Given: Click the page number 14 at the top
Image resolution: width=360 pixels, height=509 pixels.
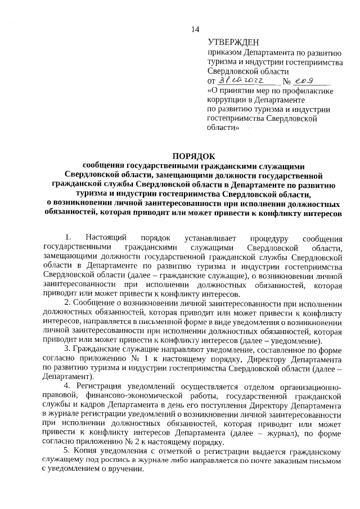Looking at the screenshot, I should coord(195,29).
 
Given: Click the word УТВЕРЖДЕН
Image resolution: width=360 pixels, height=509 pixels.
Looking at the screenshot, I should coord(233,42).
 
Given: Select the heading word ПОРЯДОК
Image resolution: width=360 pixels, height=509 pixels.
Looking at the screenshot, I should coord(195,156).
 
